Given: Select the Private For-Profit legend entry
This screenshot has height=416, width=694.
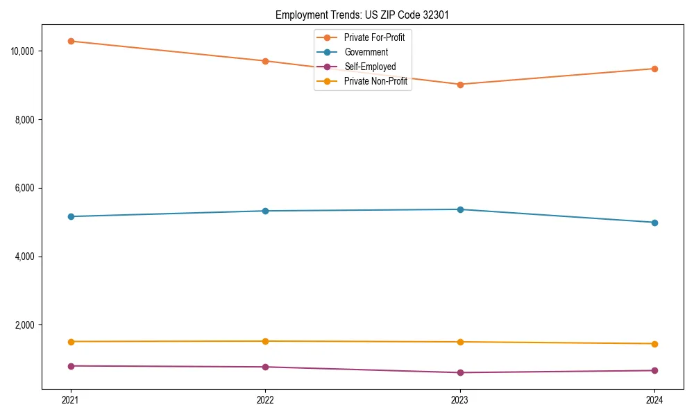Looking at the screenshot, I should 374,37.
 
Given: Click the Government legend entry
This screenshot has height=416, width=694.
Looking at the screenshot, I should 366,52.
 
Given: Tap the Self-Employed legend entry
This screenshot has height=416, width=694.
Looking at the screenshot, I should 370,67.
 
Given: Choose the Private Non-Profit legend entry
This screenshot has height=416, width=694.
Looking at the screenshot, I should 375,81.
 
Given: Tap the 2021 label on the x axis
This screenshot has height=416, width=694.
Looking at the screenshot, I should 70,399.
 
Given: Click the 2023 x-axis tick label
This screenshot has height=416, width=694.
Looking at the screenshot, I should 460,399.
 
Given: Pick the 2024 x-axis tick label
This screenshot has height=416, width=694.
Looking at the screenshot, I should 654,399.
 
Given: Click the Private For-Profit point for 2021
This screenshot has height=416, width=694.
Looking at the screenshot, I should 71,41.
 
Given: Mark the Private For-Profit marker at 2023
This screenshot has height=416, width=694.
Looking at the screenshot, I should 460,85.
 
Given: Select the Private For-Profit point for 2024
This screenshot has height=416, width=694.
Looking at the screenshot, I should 654,69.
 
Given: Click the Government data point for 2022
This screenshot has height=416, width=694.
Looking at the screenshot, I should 265,211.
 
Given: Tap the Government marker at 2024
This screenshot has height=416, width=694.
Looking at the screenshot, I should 654,223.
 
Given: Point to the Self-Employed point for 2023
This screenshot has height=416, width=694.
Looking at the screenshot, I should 460,372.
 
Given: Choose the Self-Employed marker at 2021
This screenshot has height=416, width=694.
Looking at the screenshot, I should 71,366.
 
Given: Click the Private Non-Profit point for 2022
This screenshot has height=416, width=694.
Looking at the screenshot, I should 265,341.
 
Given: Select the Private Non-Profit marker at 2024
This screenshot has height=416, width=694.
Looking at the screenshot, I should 654,344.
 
